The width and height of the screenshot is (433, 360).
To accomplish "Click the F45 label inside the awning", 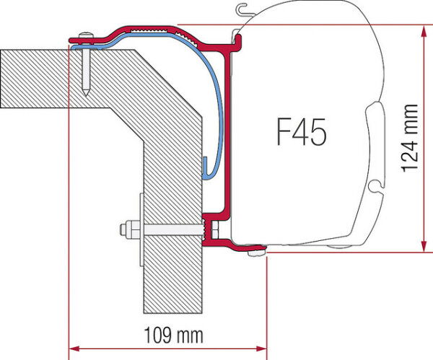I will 301,132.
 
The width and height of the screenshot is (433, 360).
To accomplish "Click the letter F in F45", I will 282,132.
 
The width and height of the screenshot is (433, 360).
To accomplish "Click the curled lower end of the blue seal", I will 206,173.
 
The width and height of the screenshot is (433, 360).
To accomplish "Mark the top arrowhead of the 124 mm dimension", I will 421,27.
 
